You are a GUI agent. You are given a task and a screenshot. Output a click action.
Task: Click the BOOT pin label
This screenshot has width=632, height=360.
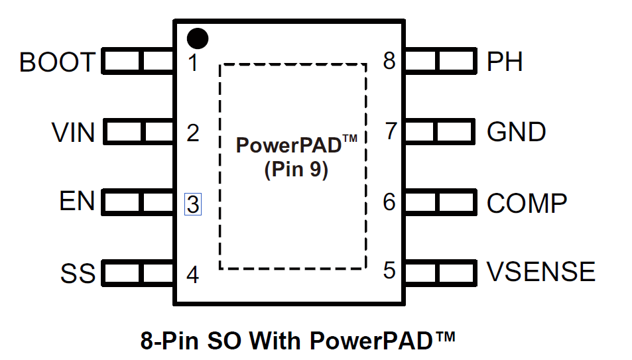57,63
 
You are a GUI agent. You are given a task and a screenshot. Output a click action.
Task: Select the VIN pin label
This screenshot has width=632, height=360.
74,133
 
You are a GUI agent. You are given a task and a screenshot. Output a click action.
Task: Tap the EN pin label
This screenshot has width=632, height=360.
78,201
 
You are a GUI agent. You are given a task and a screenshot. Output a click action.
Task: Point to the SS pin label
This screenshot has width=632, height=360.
78,273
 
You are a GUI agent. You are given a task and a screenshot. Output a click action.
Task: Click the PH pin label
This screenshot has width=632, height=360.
505,62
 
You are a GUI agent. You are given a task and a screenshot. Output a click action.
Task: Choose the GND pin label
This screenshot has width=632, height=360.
517,132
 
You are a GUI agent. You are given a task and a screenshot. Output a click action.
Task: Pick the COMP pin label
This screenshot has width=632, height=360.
527,203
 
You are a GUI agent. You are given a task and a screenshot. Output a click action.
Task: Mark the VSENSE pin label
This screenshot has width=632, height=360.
541,272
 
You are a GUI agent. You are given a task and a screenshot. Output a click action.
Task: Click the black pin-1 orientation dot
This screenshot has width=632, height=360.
198,38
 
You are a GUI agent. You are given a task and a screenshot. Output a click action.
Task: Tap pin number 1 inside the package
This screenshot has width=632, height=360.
192,64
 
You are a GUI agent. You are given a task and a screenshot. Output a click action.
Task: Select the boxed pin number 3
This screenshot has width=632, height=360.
192,204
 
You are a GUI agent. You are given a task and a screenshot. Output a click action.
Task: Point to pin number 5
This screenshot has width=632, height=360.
390,270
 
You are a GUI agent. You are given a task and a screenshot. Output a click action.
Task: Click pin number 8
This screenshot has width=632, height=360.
389,62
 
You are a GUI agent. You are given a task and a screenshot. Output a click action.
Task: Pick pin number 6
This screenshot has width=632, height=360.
390,202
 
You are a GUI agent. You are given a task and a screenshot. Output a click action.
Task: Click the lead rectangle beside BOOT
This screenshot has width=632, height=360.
138,62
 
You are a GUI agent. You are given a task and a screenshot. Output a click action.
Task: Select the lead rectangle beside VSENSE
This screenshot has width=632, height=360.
438,271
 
